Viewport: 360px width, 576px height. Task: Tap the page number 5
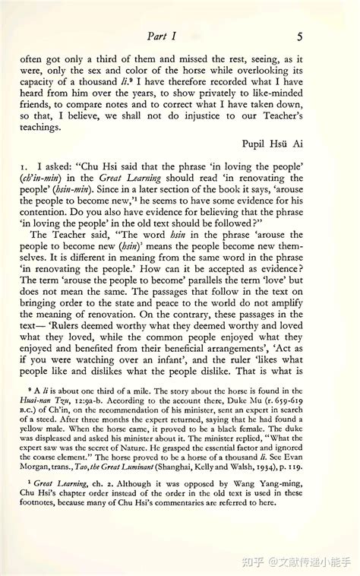(x=301, y=36)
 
